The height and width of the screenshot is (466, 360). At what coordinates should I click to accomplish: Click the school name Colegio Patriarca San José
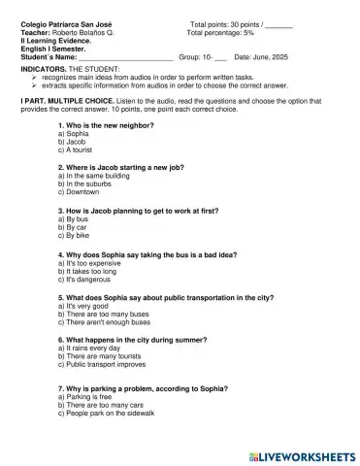tap(62, 22)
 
